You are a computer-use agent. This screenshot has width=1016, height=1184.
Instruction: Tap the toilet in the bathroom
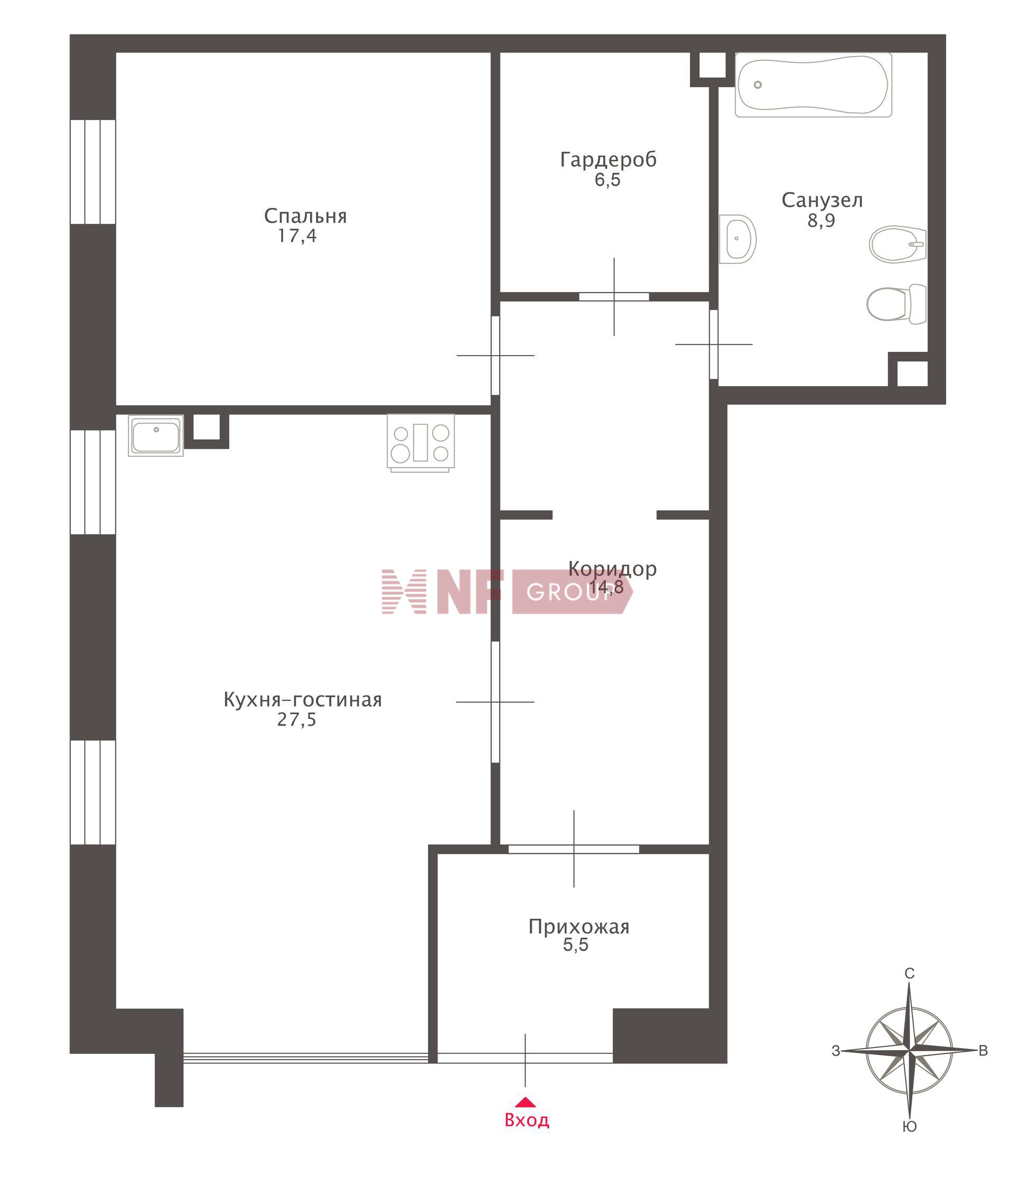point(896,304)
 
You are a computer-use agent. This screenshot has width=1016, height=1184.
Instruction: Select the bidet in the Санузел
point(897,244)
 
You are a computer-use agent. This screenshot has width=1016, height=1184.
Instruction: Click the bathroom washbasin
point(737,239)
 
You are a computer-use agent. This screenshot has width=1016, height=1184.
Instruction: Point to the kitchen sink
point(156,435)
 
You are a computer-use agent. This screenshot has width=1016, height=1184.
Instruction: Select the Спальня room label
point(305,216)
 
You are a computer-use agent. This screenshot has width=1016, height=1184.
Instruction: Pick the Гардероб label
point(608,160)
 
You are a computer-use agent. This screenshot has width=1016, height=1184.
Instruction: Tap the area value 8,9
point(821,221)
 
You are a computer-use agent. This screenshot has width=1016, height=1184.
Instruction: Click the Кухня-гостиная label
point(302,699)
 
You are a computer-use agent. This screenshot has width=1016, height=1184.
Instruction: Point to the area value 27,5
point(296,719)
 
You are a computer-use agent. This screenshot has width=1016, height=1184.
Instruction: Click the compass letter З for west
point(836,1051)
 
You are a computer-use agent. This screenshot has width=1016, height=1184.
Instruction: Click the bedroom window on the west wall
point(93,171)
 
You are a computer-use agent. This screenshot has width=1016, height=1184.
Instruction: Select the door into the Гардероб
point(614,297)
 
